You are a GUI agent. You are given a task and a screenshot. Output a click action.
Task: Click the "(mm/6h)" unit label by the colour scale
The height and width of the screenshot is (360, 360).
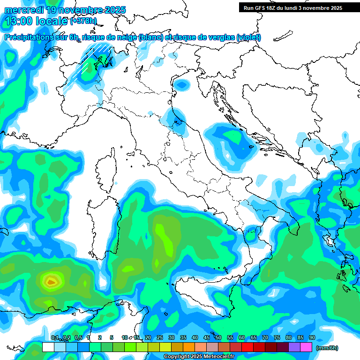click(x=327, y=348)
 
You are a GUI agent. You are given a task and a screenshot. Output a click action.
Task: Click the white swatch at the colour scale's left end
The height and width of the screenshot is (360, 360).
click(x=48, y=347)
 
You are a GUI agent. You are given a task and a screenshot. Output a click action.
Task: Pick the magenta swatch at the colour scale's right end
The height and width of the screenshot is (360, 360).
click(x=306, y=347)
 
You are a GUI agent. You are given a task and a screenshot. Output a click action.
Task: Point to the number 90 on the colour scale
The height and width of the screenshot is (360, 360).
click(x=312, y=337)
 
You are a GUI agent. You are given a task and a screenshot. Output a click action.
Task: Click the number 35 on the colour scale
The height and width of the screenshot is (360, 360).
click(x=183, y=337)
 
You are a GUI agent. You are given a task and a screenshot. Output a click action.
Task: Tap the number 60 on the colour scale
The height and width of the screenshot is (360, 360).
click(x=242, y=337)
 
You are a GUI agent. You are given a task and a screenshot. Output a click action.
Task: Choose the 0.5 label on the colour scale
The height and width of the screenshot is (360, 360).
click(x=77, y=337)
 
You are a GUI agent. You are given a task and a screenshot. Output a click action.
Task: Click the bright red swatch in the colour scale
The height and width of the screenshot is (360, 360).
click(x=247, y=347)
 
